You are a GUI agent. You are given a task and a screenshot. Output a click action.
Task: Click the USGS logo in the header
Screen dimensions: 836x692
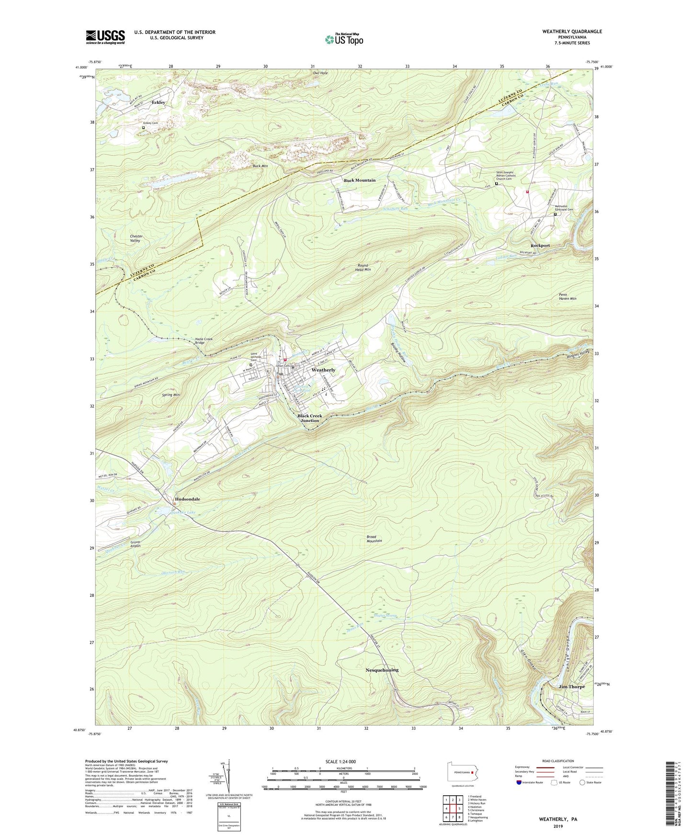[x=105, y=37]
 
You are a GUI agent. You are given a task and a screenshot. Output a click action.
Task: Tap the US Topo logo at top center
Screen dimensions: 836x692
[x=344, y=39]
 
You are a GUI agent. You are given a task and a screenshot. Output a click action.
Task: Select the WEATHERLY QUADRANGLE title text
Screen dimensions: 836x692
[x=565, y=32]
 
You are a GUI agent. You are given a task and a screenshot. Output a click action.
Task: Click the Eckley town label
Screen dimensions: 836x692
[x=159, y=102]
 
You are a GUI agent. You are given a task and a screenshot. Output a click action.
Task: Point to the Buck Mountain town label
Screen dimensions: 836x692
[x=360, y=181]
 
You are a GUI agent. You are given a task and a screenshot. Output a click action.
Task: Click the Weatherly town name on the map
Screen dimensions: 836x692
[x=323, y=370]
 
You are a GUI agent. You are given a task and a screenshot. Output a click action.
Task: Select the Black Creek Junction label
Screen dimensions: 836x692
[x=309, y=418]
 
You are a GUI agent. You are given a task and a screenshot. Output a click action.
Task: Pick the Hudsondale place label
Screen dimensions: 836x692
[x=188, y=499]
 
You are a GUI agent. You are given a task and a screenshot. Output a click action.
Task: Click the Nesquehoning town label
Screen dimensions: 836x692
[x=382, y=670]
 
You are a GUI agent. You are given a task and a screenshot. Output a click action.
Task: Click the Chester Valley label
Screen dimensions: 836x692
[x=136, y=238]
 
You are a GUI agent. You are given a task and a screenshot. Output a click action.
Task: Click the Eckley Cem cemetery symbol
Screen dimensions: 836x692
[x=143, y=128]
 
